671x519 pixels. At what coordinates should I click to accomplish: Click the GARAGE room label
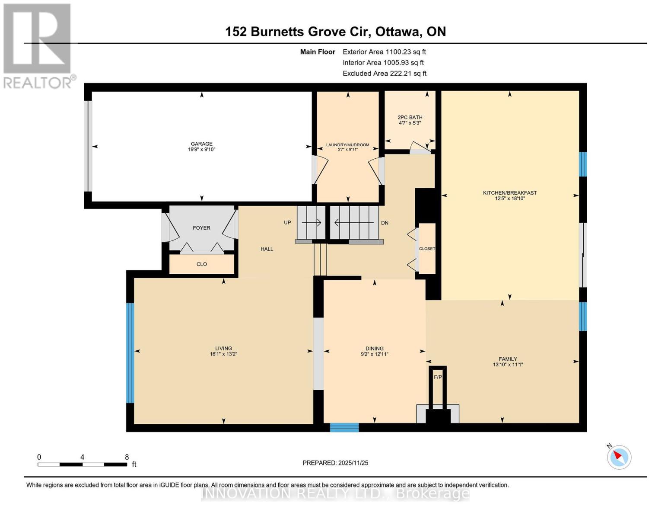202,144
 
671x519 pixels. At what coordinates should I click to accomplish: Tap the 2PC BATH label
410,117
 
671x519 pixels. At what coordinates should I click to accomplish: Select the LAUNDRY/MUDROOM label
347,145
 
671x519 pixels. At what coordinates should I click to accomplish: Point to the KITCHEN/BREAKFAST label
509,193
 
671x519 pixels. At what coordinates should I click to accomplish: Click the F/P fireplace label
438,377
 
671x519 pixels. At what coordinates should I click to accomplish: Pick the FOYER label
201,228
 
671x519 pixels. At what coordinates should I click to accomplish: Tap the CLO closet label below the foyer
201,264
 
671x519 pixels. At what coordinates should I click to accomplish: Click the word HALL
267,249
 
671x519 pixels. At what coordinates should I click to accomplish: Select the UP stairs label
287,223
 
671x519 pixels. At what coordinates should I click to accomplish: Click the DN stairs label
385,223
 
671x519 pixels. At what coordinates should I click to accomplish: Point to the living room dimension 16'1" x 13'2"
223,354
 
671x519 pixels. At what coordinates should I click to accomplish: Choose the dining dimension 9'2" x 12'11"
374,354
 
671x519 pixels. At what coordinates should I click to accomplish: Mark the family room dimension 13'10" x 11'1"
508,365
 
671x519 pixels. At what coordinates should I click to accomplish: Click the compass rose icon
619,457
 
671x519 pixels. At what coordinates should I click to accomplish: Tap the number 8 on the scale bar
127,457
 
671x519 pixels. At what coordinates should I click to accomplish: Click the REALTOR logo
38,45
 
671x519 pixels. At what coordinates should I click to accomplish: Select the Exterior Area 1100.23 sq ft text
384,52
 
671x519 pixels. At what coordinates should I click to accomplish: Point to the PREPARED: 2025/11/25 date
335,463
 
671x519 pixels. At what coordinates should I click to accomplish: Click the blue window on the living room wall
130,352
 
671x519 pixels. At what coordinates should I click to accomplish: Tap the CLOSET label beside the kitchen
427,249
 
